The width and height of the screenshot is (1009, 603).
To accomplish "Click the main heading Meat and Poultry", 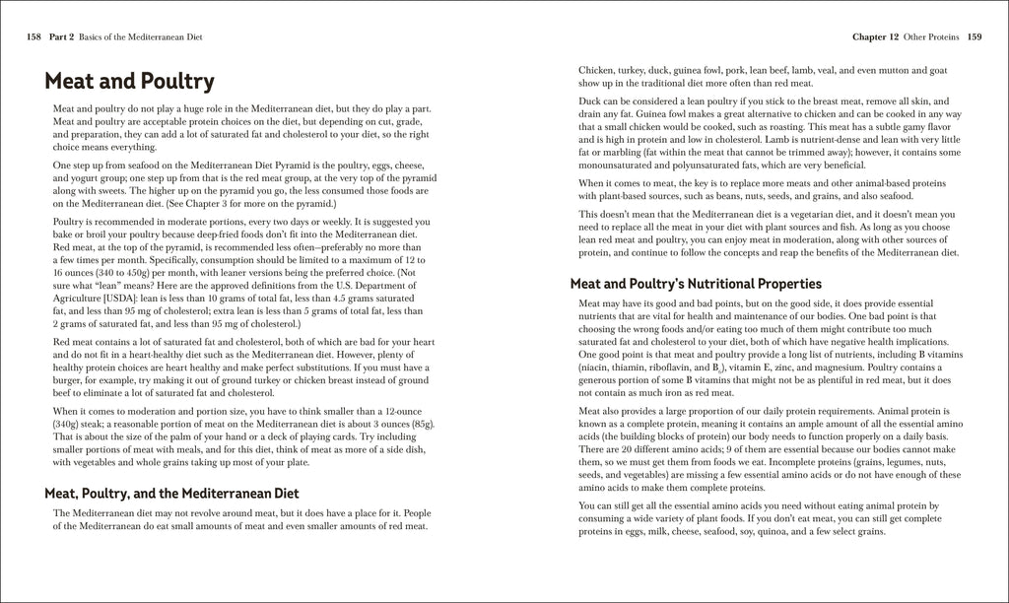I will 129,80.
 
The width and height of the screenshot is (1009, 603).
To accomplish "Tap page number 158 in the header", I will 34,37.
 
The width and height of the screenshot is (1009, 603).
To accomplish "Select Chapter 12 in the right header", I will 875,37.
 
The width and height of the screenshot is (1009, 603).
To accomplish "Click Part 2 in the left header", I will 63,37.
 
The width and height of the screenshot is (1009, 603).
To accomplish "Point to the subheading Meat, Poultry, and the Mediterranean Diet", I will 171,492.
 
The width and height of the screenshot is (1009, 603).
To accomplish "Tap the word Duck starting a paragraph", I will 590,101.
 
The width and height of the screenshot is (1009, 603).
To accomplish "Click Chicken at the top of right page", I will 596,71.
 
